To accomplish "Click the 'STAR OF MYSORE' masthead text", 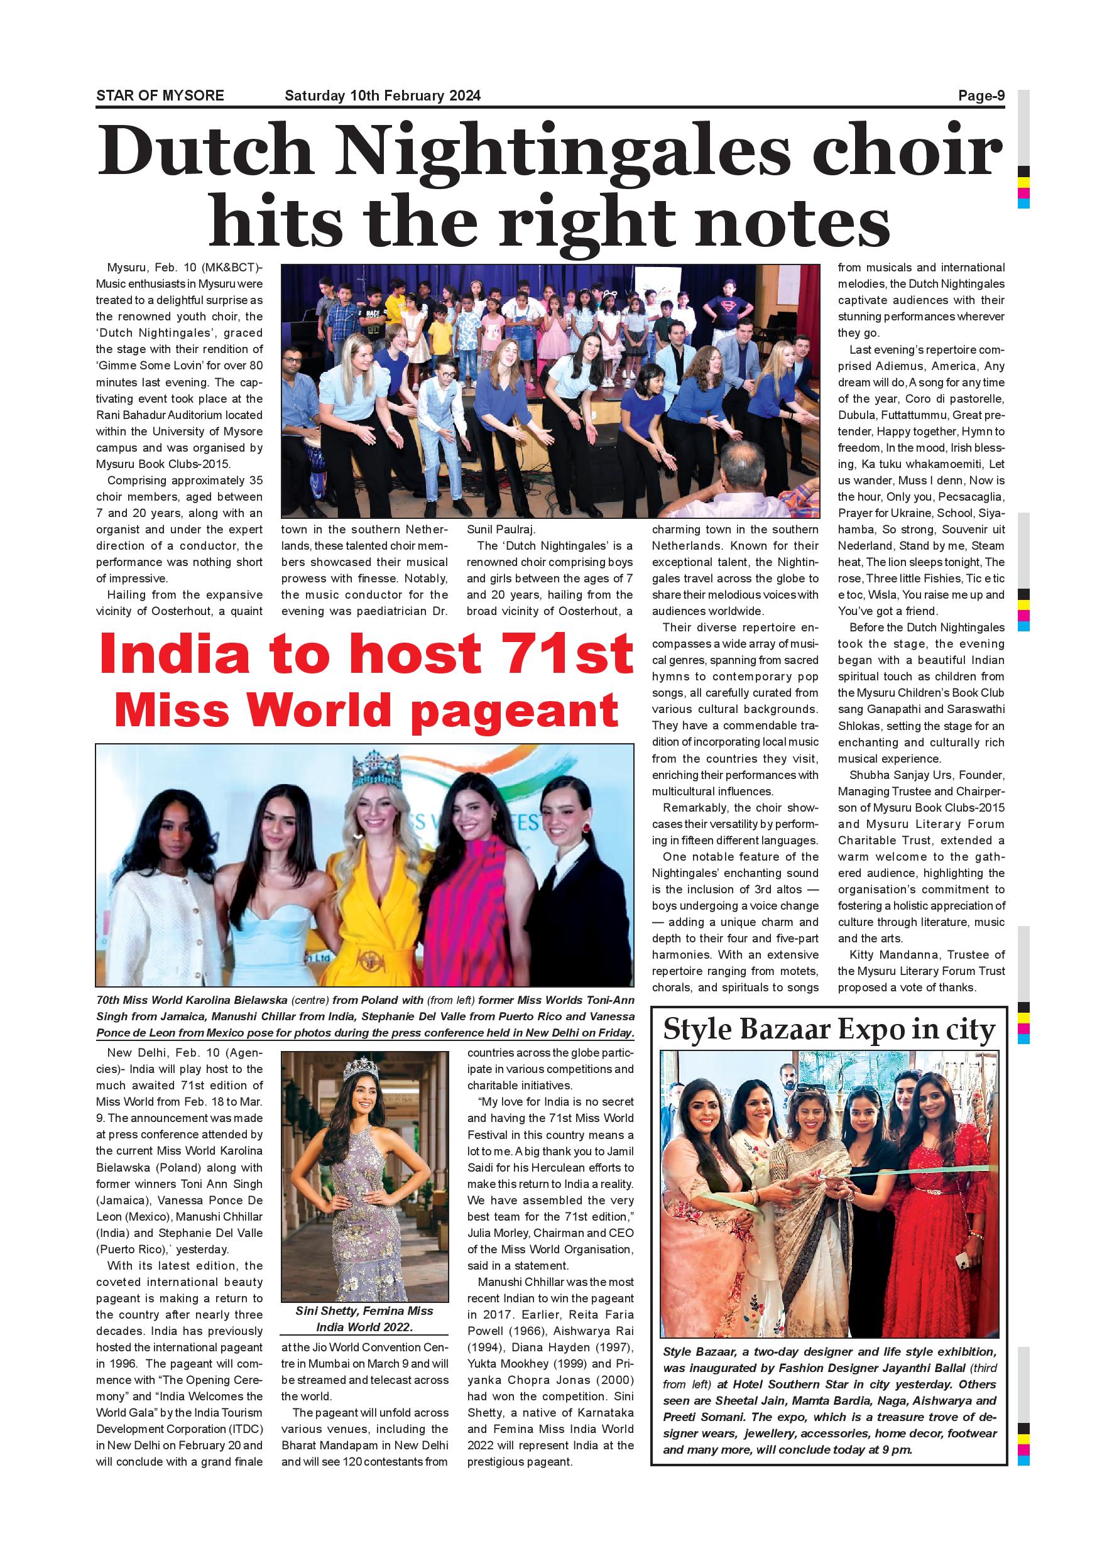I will coord(160,95).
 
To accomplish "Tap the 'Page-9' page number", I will coord(981,95).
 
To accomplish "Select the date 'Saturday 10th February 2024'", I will coord(383,95).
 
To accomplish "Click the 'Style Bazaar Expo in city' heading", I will coord(829,1030).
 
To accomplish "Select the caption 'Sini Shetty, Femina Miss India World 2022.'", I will coord(364,1338).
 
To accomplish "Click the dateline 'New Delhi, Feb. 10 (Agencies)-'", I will coord(180,1060).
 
